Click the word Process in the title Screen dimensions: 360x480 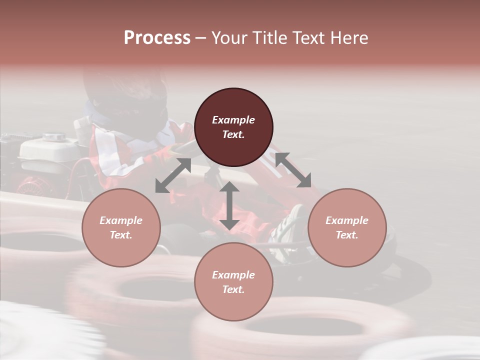(157, 38)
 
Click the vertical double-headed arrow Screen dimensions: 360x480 (229, 205)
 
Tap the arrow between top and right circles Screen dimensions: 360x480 (292, 170)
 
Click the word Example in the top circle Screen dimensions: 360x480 (233, 120)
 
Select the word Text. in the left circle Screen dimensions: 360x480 (121, 235)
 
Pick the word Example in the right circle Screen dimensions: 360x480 (347, 220)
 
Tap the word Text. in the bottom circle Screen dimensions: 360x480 (233, 289)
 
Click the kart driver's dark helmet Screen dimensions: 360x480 (125, 95)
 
